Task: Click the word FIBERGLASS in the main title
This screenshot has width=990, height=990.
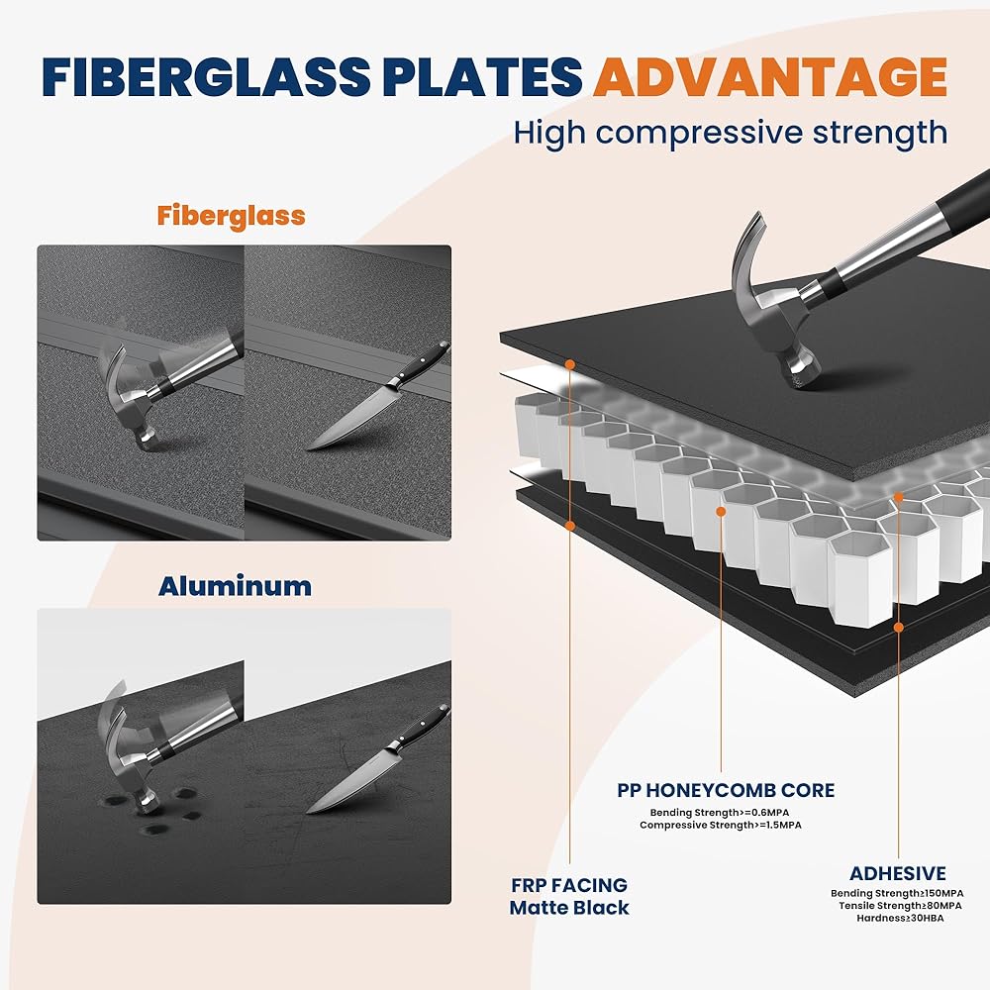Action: click(206, 77)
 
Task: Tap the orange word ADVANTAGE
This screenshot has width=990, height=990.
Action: click(770, 77)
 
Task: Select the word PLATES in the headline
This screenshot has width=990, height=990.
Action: click(482, 77)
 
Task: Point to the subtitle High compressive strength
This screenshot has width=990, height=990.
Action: click(731, 134)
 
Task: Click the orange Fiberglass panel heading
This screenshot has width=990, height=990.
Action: click(231, 216)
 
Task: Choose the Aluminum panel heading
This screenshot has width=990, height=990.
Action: click(235, 586)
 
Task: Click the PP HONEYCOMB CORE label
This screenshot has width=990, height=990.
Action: click(726, 790)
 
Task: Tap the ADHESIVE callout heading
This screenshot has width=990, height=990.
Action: click(898, 873)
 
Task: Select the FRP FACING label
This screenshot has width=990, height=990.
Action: click(569, 885)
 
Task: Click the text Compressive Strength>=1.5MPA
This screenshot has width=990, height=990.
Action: click(721, 826)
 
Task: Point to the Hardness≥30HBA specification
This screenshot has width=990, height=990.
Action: click(900, 918)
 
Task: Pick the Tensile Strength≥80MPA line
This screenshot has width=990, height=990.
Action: click(900, 906)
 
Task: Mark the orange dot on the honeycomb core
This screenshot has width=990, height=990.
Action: click(721, 512)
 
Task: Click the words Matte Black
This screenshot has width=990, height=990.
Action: click(569, 908)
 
